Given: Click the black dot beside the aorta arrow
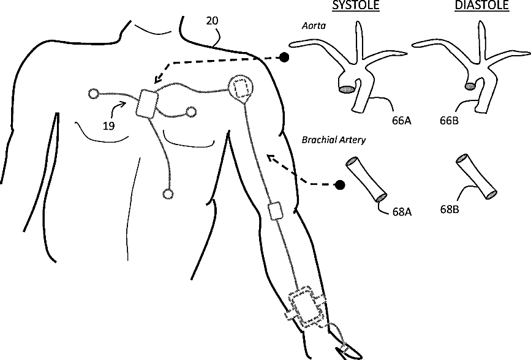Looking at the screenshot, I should click(x=284, y=58).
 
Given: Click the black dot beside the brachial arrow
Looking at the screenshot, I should click(x=340, y=184).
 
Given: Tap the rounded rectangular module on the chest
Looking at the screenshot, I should click(x=148, y=103).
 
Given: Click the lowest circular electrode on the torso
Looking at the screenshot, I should click(x=168, y=194).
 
